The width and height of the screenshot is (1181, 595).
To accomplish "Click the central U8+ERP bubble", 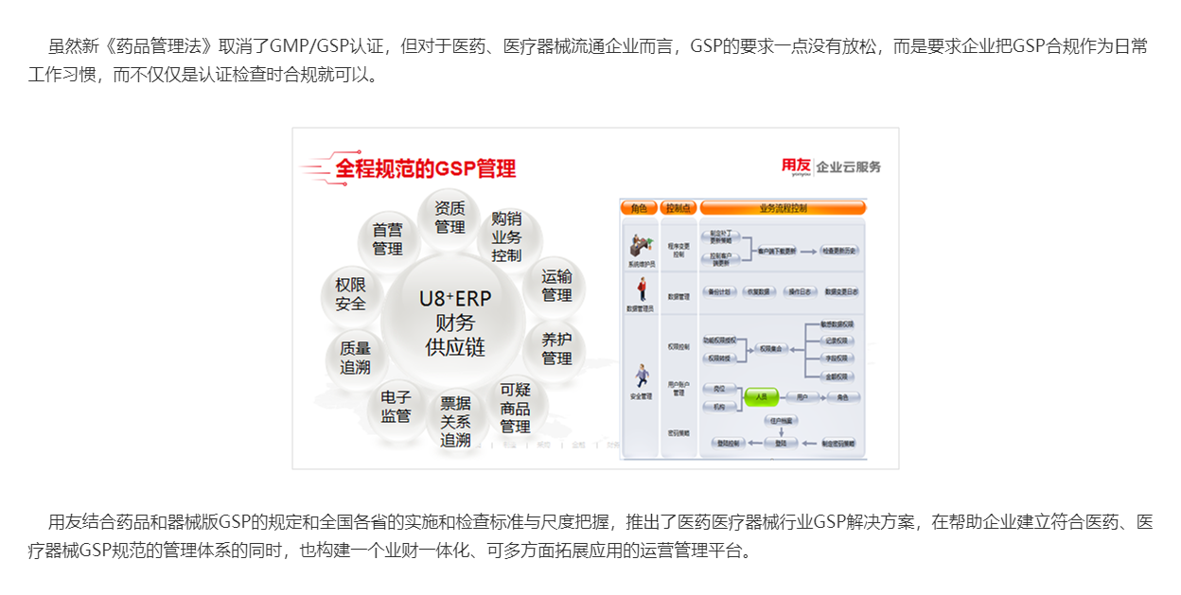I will click(454, 323).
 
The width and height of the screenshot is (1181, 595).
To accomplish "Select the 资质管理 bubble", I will click(449, 218).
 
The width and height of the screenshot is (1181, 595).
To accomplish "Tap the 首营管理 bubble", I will click(387, 238).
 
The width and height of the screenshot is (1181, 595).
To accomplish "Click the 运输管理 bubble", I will click(556, 286).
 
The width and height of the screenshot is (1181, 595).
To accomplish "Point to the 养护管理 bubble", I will click(556, 348).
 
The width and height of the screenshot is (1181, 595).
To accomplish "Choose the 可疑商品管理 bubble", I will click(516, 408).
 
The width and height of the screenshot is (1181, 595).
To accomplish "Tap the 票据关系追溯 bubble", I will click(455, 421).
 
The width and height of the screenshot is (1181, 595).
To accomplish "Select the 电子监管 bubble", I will click(396, 406).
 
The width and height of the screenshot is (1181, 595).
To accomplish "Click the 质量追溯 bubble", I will click(355, 358).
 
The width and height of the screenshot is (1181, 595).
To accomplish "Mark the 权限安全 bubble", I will click(350, 294).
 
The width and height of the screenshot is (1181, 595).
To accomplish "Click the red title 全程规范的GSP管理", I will click(426, 169).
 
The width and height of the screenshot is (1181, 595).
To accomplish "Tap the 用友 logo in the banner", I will click(795, 166).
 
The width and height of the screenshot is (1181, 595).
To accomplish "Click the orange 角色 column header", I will click(639, 207).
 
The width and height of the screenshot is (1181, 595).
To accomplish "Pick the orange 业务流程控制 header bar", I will click(783, 207).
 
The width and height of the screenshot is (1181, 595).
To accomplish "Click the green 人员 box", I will click(761, 397).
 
